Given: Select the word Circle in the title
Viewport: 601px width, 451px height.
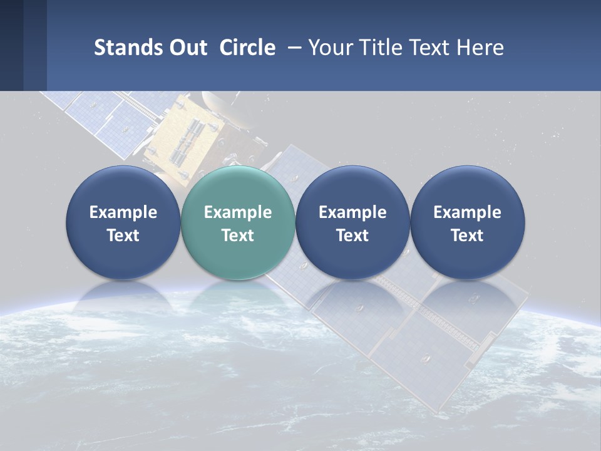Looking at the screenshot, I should coord(247,48).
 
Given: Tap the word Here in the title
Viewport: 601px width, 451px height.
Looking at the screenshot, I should coord(481,48).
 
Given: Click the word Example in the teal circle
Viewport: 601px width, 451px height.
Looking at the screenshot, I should coord(237,212).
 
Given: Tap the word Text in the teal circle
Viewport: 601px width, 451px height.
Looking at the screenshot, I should coord(237,236).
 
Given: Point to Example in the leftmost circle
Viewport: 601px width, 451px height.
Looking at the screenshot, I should coord(123,212).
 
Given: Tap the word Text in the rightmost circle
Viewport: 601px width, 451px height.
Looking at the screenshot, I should coord(467,236).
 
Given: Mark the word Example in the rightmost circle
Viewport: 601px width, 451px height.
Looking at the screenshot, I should coord(467,212).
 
